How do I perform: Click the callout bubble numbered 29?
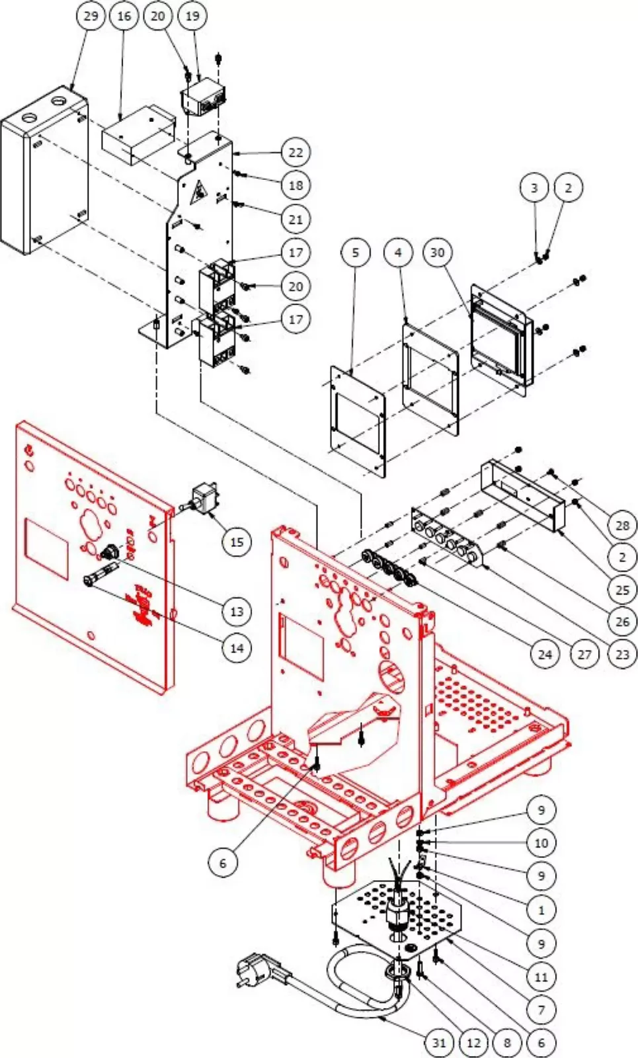pyautogui.click(x=91, y=16)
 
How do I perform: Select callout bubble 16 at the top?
pyautogui.click(x=124, y=16)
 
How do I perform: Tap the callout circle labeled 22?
pyautogui.click(x=296, y=153)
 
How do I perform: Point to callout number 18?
pyautogui.click(x=296, y=186)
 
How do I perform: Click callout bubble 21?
pyautogui.click(x=296, y=220)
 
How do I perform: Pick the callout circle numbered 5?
pyautogui.click(x=356, y=253)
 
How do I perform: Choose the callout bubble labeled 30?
pyautogui.click(x=438, y=253)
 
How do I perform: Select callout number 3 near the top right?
pyautogui.click(x=534, y=188)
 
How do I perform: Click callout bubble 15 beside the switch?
pyautogui.click(x=237, y=542)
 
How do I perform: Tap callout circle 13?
pyautogui.click(x=237, y=612)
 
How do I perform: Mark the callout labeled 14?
pyautogui.click(x=237, y=649)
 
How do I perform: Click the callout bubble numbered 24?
pyautogui.click(x=545, y=655)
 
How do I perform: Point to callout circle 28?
pyautogui.click(x=622, y=526)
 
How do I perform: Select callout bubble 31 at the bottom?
pyautogui.click(x=439, y=1043)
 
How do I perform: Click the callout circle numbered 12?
pyautogui.click(x=473, y=1043)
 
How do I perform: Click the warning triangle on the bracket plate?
pyautogui.click(x=199, y=194)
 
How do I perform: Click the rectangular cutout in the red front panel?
pyautogui.click(x=46, y=549)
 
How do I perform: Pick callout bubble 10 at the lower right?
pyautogui.click(x=541, y=843)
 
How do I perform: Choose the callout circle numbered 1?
pyautogui.click(x=541, y=911)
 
